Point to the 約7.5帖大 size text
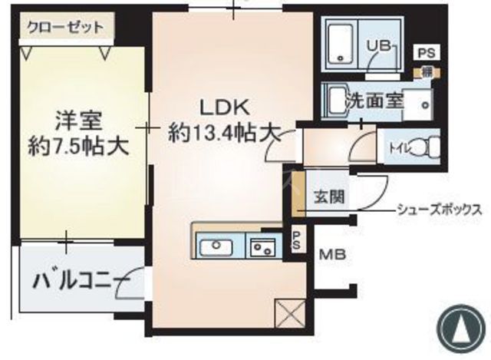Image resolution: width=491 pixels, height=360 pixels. coord(77,145)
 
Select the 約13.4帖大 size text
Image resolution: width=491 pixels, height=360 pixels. coord(222,133)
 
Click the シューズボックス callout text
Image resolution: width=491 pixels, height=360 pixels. coord(440,209)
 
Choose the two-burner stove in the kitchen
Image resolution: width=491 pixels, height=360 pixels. coord(263,247)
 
